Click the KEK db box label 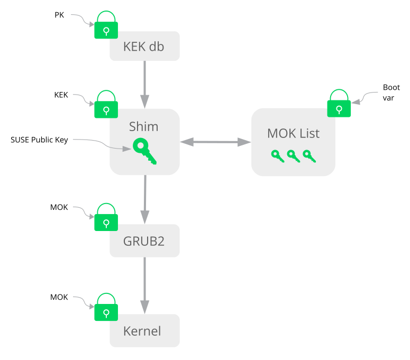point(143,47)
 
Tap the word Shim point(143,126)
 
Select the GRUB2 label point(143,242)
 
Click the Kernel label point(142,331)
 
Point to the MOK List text point(293,133)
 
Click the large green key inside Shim point(144,151)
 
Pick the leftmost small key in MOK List point(277,155)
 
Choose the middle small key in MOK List point(293,155)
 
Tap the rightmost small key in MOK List point(309,155)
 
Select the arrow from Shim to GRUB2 point(145,200)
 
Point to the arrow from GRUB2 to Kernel point(145,286)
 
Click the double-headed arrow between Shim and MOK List point(215,142)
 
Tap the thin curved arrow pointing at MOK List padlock point(366,96)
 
